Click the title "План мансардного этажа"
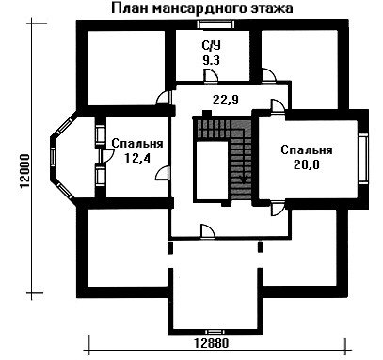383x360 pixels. (202, 8)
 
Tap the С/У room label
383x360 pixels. (211, 46)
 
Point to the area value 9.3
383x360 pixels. (211, 60)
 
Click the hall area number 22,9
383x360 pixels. (226, 100)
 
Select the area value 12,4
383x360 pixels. (137, 158)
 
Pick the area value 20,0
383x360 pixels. (307, 164)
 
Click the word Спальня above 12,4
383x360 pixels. (137, 144)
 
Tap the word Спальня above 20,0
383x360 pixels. (307, 149)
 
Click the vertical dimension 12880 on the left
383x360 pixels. (24, 171)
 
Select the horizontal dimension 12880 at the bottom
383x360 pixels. (212, 343)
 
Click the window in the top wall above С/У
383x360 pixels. (217, 24)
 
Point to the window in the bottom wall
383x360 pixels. (214, 331)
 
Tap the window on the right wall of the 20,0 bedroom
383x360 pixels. (363, 157)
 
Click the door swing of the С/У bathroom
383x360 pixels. (211, 76)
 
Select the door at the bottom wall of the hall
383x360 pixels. (208, 232)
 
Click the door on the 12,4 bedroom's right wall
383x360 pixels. (164, 173)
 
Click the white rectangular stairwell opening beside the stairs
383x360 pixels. (211, 170)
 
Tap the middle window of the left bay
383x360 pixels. (53, 158)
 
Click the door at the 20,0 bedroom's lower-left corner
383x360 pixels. (278, 209)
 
